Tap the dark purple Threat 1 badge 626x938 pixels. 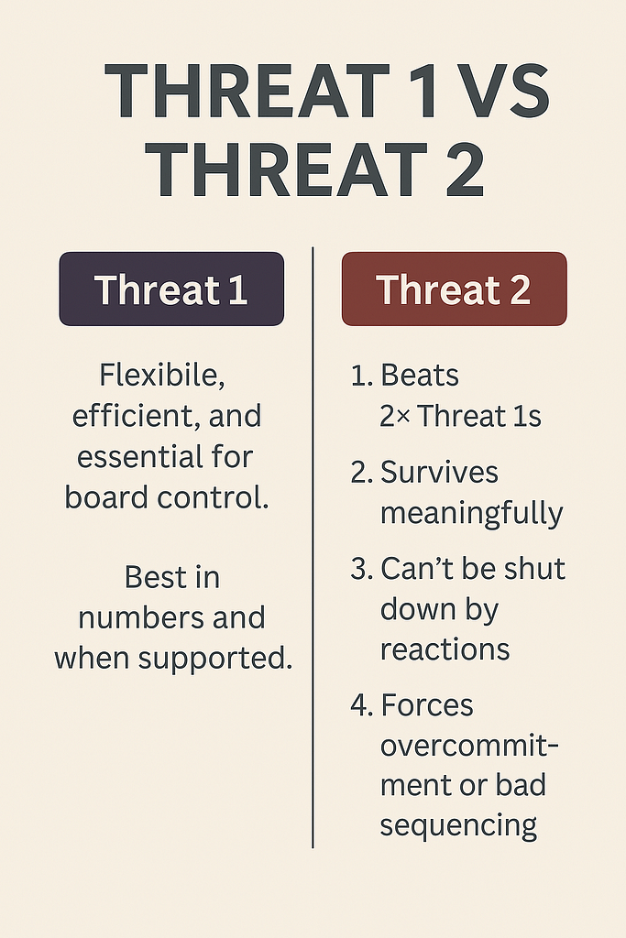click(171, 289)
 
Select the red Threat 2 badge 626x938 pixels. click(455, 289)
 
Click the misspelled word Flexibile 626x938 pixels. click(162, 376)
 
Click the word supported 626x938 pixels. click(214, 659)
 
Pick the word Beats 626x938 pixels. click(420, 376)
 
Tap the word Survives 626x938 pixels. click(439, 473)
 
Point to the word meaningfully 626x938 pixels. click(472, 513)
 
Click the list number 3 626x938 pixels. click(362, 569)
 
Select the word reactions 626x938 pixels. click(445, 650)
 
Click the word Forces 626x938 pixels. click(427, 706)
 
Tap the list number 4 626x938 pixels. click(362, 706)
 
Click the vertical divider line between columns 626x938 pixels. click(313, 548)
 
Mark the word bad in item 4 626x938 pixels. click(521, 786)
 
